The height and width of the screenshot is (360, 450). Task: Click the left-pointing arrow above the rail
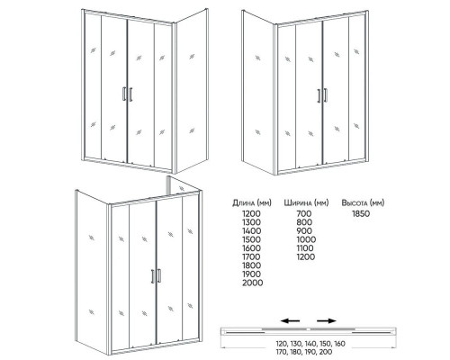click(290, 319)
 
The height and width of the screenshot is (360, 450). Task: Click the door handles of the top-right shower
click(320, 96)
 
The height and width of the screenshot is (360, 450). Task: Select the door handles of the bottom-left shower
click(157, 279)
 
